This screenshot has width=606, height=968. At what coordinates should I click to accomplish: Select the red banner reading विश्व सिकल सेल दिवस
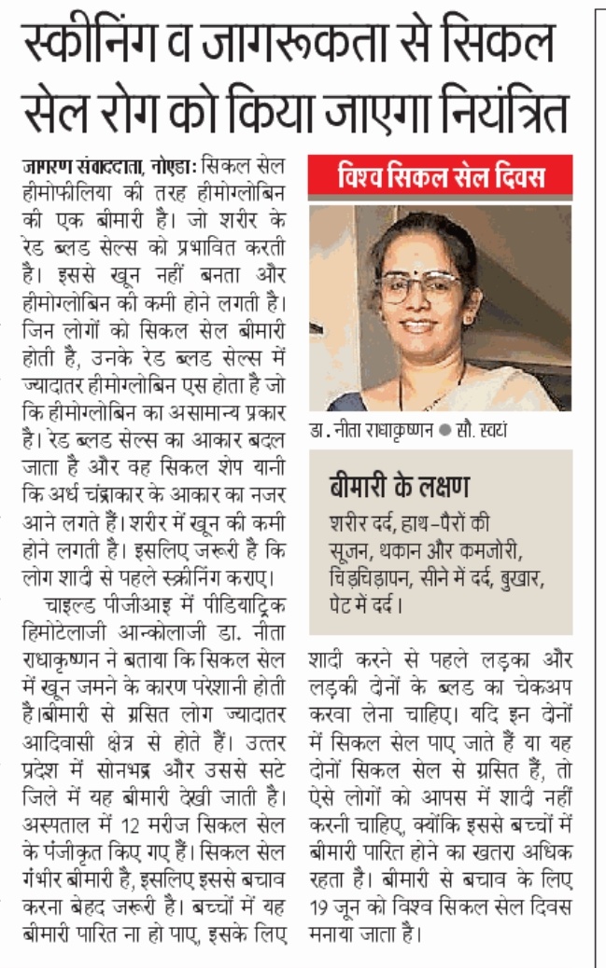(x=440, y=176)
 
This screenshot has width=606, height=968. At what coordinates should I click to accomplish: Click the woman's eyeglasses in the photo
(x=420, y=286)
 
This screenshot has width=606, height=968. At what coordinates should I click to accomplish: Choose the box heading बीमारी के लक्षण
(x=399, y=487)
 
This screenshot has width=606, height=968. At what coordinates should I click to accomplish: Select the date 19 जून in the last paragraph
(x=337, y=906)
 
